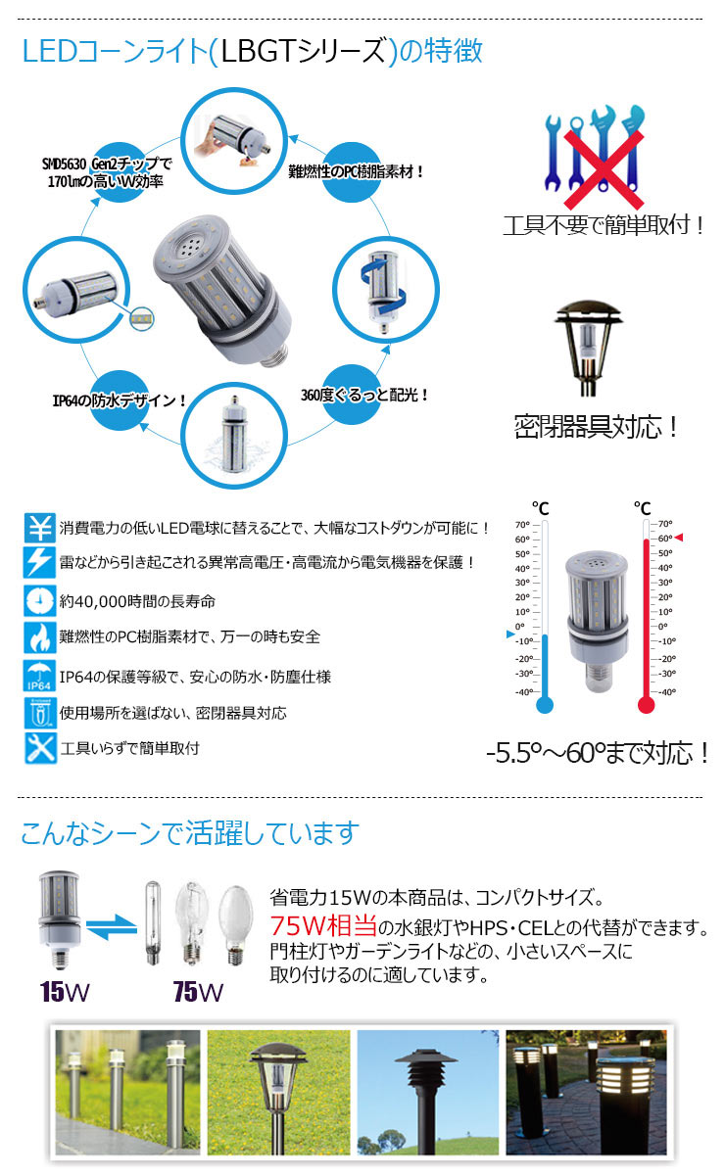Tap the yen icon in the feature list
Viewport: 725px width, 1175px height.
(40, 528)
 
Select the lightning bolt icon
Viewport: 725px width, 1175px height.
(40, 562)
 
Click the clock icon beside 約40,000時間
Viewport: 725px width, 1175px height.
(40, 599)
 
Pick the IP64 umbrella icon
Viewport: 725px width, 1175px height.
(40, 675)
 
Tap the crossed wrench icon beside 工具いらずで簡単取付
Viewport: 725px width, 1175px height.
(40, 747)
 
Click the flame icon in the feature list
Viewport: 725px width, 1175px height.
(40, 636)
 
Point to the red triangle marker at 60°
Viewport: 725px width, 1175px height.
(680, 538)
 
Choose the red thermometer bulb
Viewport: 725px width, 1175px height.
(645, 704)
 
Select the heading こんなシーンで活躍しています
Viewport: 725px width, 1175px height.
(190, 833)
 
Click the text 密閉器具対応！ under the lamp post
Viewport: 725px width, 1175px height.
(597, 427)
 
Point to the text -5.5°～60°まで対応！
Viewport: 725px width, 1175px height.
(597, 754)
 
